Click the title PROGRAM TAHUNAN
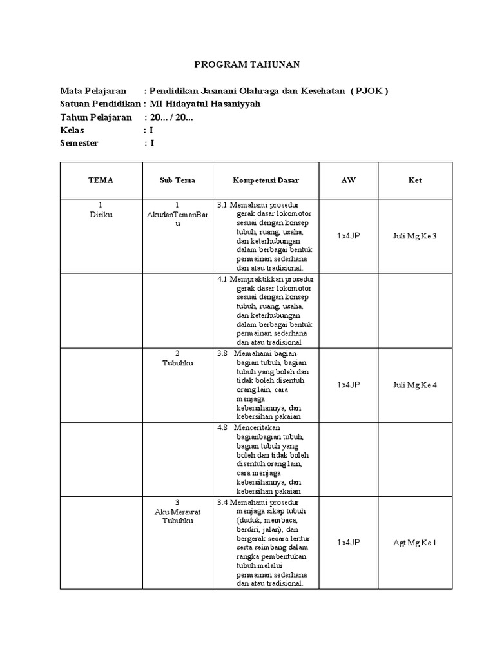(247, 64)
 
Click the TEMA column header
(101, 180)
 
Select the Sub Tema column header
(177, 180)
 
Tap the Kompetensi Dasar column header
(266, 180)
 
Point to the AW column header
(348, 180)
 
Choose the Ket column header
(415, 180)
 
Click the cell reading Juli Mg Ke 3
(415, 236)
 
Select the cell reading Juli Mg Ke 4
(415, 385)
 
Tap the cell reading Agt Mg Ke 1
(415, 543)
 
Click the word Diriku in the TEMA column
(101, 215)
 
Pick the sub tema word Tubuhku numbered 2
(177, 363)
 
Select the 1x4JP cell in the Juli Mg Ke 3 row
(348, 236)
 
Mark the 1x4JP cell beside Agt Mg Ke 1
(348, 543)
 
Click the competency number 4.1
(223, 279)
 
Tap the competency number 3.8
(223, 353)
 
